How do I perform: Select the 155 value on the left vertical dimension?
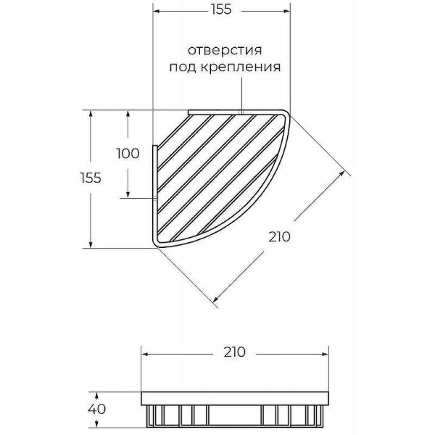pyautogui.click(x=90, y=178)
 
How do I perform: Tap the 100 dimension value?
pyautogui.click(x=128, y=153)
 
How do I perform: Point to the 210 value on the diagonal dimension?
pyautogui.click(x=279, y=236)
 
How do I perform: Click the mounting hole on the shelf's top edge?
pyautogui.click(x=240, y=112)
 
